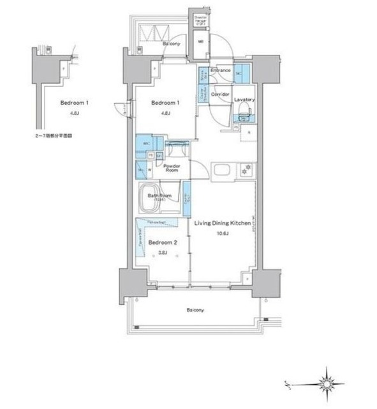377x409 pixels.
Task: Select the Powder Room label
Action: (x=172, y=169)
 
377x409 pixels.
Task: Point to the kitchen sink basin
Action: (x=224, y=171)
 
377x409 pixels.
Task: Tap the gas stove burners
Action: (x=246, y=171)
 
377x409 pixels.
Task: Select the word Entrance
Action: (x=220, y=70)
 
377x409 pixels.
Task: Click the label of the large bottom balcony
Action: (x=195, y=310)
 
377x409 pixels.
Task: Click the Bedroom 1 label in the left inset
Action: (x=73, y=102)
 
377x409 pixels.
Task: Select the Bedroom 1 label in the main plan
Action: (x=164, y=102)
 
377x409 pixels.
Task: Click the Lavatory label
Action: (x=244, y=100)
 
